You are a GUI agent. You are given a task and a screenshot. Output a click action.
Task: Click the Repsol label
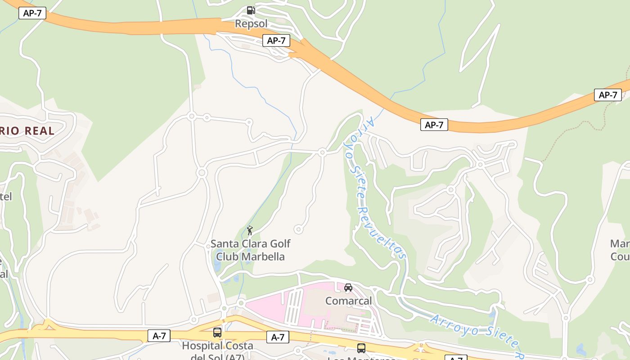251,23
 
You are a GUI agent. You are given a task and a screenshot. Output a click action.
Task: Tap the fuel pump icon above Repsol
251,10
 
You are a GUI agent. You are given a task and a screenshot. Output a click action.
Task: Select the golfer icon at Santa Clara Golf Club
250,230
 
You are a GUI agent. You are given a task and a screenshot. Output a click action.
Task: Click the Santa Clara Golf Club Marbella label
251,250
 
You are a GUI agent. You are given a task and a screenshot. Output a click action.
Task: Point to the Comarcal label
349,301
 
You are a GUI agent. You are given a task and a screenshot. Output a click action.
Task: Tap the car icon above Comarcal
348,288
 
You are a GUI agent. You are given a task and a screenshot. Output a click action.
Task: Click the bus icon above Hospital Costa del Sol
217,333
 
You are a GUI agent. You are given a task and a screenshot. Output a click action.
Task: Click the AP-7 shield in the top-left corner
32,13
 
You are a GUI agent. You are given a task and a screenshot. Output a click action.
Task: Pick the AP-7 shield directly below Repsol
276,40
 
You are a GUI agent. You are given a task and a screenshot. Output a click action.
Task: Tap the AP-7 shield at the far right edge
608,95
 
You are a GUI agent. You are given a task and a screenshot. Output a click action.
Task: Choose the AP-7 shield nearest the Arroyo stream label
434,125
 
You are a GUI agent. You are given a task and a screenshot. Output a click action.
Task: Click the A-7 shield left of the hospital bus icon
159,335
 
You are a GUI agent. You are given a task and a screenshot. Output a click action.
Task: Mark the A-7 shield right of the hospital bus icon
278,337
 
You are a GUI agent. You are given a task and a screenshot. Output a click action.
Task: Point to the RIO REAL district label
27,131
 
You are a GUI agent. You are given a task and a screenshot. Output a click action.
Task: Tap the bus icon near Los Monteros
361,348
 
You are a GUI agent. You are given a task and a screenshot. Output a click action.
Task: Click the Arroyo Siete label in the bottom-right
477,334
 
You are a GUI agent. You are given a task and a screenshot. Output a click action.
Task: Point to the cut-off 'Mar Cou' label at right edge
620,250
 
